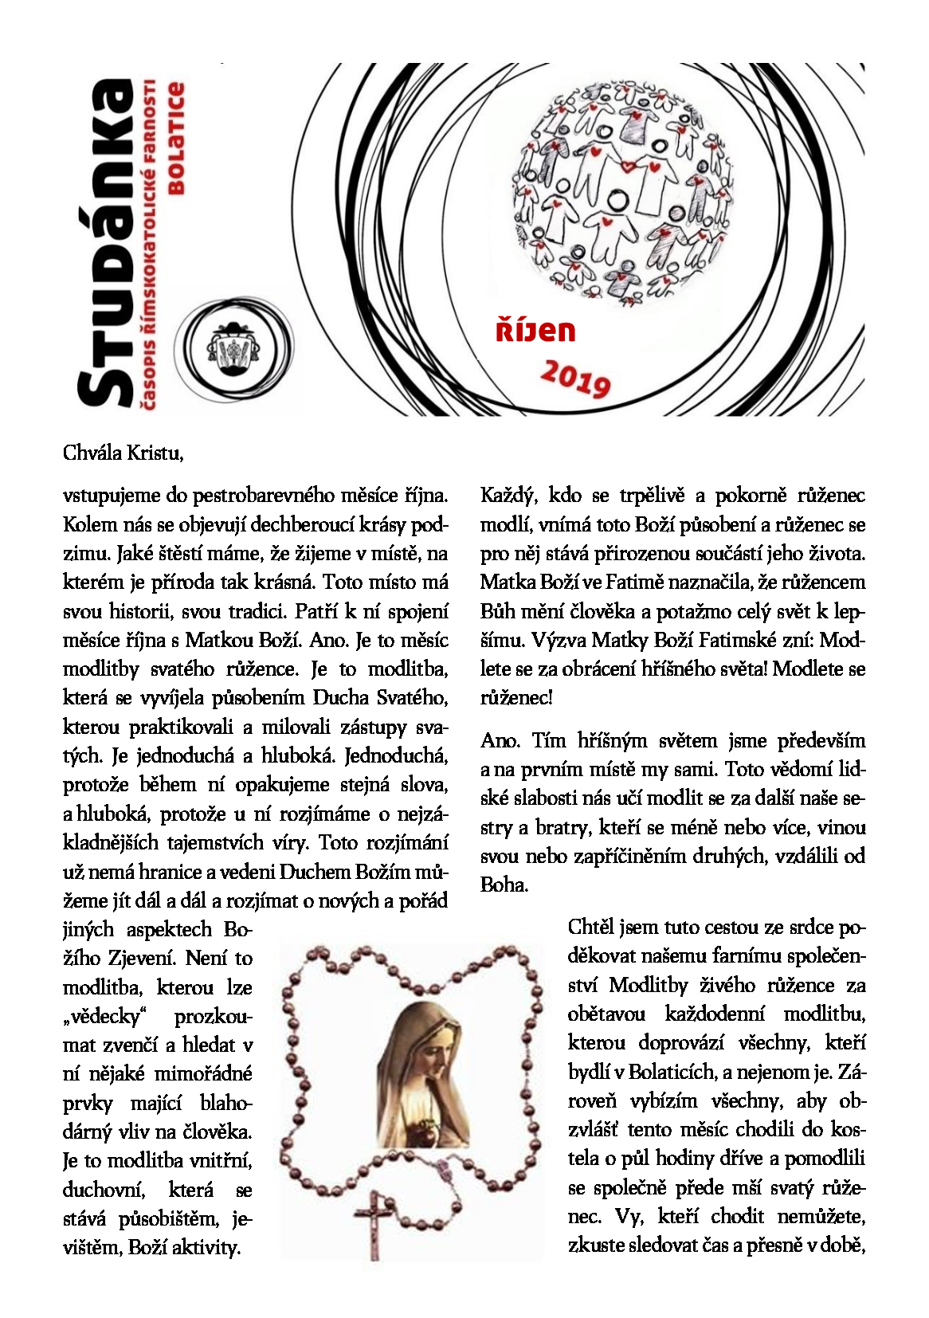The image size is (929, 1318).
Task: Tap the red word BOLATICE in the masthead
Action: pos(175,139)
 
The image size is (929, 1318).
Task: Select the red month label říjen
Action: pos(535,330)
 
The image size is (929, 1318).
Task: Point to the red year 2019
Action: pos(575,377)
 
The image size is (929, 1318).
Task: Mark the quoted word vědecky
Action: pos(106,1017)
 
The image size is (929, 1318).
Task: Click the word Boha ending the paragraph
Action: pos(503,885)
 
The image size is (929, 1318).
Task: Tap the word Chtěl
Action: pos(590,928)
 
